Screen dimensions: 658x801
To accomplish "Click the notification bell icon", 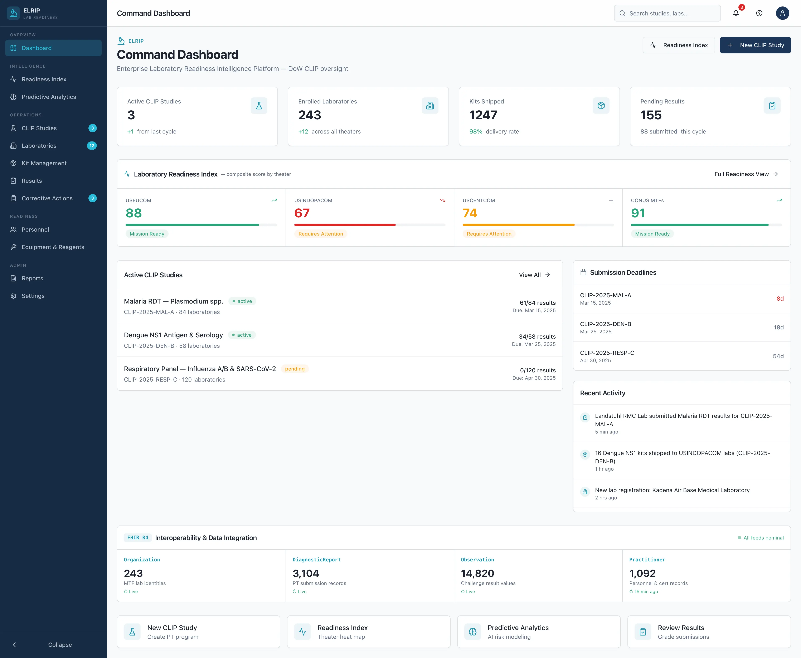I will coord(736,13).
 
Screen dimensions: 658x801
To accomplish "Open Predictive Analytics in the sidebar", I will coord(49,97).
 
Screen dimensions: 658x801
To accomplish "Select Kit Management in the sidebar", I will coord(44,163).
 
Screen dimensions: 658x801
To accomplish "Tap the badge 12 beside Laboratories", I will coord(92,146).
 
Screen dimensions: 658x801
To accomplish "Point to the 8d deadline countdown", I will coord(780,299).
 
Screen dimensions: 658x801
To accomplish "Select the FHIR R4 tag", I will coord(137,537).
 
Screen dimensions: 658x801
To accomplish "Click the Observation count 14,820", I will coord(477,573).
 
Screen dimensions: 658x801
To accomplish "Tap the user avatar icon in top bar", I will coord(782,13).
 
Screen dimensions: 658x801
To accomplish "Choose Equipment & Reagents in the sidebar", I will coord(53,247).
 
